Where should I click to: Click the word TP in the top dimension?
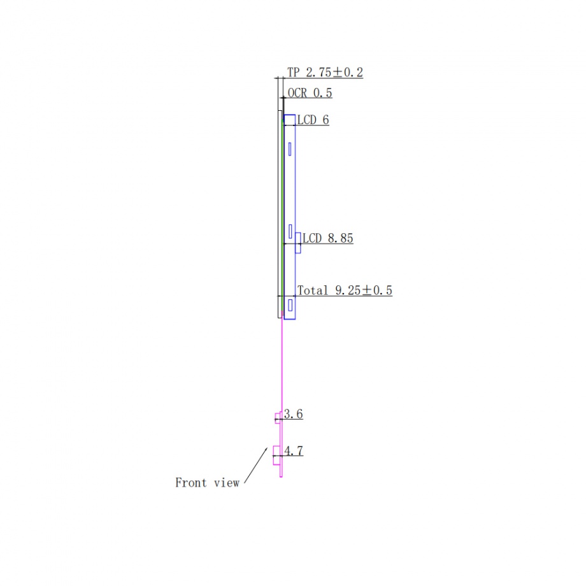[x=294, y=72]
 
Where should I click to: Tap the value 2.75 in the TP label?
[x=318, y=72]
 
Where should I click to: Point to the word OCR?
[x=297, y=93]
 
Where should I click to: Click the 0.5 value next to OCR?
[x=323, y=93]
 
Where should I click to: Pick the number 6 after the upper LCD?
[x=325, y=120]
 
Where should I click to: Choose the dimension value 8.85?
[x=341, y=238]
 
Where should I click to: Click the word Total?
[x=313, y=290]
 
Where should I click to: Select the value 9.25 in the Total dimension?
[x=348, y=290]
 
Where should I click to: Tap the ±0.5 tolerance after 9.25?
[x=377, y=290]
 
